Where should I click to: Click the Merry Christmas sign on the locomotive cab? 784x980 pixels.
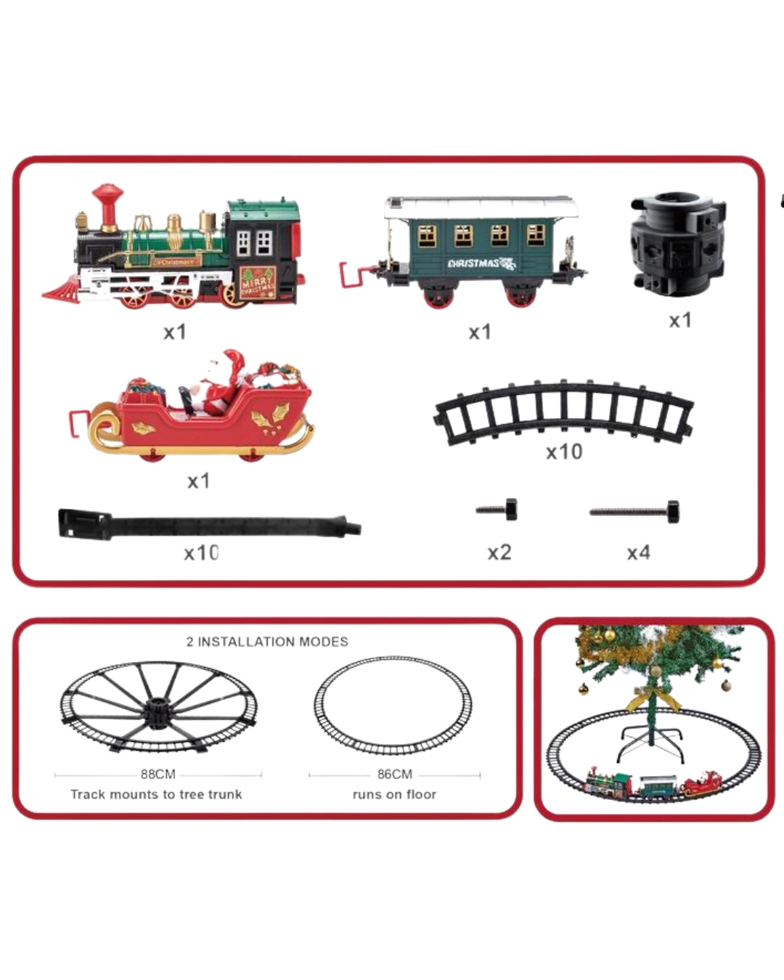coord(258,280)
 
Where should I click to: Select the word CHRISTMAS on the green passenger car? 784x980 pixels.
coord(473,264)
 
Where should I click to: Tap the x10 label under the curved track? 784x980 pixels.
coord(564,452)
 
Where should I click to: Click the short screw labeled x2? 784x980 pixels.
coord(498,510)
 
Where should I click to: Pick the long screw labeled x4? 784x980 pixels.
coord(635,512)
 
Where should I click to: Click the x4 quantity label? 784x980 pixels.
coord(638,553)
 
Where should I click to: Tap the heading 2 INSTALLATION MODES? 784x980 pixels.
coord(267,642)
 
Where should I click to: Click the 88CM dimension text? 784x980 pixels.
coord(158,775)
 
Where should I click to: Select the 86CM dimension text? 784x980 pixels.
coord(394,775)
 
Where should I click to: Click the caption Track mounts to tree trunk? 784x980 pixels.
coord(156,794)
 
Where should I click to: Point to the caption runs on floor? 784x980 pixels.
coord(394,794)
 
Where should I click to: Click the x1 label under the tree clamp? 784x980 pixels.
coord(680,320)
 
